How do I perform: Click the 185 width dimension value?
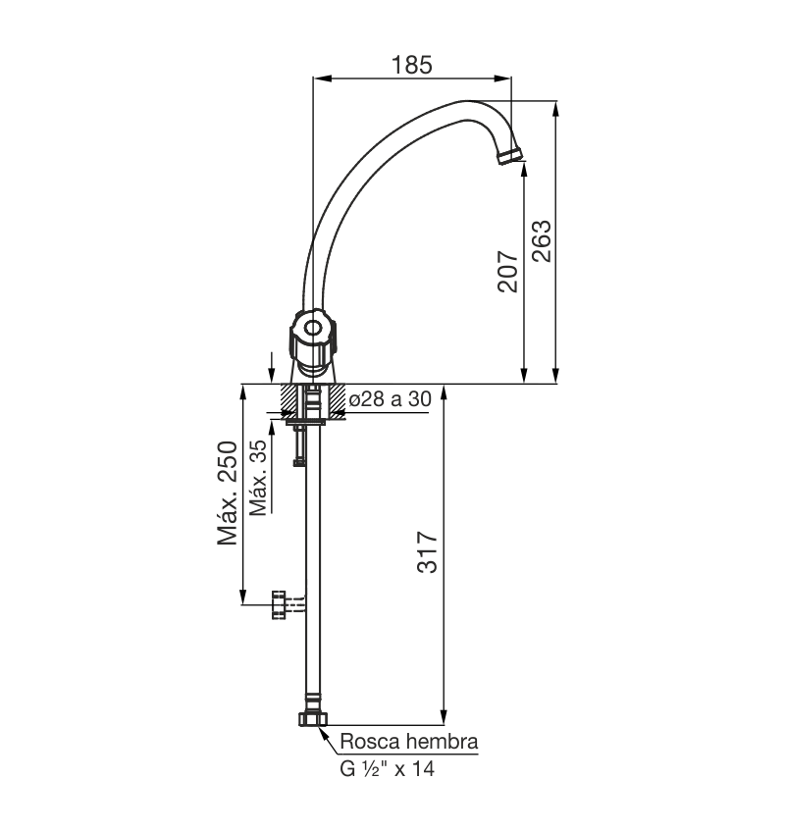pyautogui.click(x=411, y=65)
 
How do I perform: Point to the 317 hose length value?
pyautogui.click(x=428, y=552)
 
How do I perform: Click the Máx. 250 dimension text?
pyautogui.click(x=229, y=494)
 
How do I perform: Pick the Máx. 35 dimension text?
pyautogui.click(x=259, y=477)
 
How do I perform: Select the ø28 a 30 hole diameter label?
pyautogui.click(x=391, y=398)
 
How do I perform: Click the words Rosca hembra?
pyautogui.click(x=409, y=742)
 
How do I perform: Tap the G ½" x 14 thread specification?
pyautogui.click(x=388, y=769)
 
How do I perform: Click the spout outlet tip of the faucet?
pyautogui.click(x=512, y=155)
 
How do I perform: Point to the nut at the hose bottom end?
pyautogui.click(x=313, y=719)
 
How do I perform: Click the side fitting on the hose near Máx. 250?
pyautogui.click(x=282, y=605)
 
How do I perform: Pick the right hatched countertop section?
pyautogui.click(x=338, y=398)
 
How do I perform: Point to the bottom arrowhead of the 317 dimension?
pyautogui.click(x=444, y=718)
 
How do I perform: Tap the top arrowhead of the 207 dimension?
pyautogui.click(x=524, y=167)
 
